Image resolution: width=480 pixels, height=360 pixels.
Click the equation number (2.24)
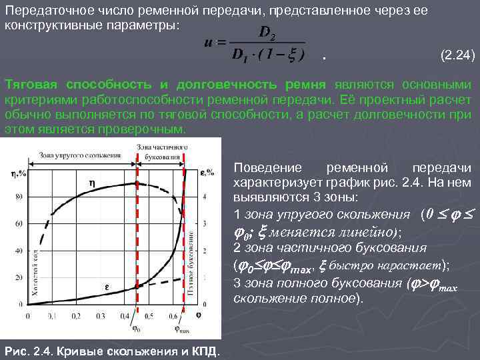(x=458, y=57)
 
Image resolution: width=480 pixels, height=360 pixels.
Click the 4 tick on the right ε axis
(x=204, y=197)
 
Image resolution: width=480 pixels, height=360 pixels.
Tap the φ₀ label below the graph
(x=136, y=327)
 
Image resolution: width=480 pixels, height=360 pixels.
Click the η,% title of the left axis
(x=18, y=175)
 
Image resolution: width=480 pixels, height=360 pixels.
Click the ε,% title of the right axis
(x=207, y=173)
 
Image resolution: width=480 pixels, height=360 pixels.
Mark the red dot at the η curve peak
(x=137, y=182)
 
